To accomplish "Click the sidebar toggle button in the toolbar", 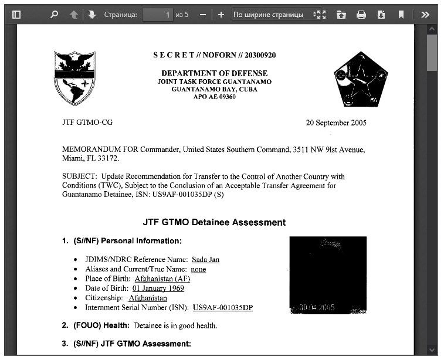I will pos(16,15).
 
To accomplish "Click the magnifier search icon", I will pos(54,15).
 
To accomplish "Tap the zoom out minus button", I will pos(202,15).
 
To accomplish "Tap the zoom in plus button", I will pos(221,15).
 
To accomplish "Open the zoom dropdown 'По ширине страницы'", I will pos(273,15).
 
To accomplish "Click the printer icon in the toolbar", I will pos(361,15).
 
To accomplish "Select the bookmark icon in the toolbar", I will pos(401,15).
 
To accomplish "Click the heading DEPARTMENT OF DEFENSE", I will pos(214,73).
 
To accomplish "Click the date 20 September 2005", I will pos(336,123).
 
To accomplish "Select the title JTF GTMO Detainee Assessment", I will pos(214,223).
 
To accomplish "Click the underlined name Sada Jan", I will pos(205,260).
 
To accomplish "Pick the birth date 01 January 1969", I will pos(158,288).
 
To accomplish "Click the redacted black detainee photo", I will pos(328,275).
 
